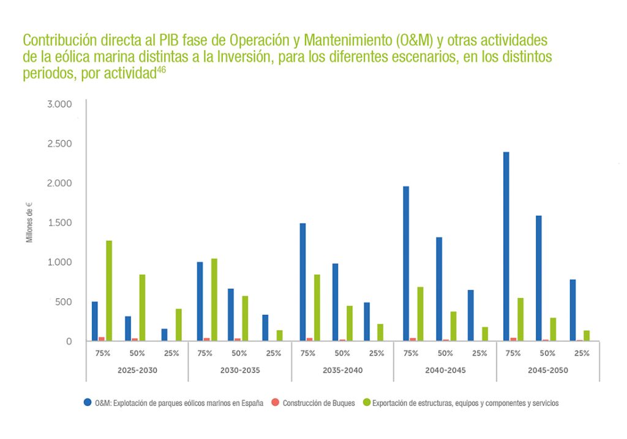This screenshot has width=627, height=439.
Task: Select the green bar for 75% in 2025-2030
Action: [109, 290]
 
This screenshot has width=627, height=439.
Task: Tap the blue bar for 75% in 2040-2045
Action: [406, 263]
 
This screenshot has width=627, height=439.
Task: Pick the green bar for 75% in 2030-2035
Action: [214, 299]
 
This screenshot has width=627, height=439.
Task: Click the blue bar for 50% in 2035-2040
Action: [335, 302]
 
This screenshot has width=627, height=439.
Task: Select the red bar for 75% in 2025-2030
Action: [102, 339]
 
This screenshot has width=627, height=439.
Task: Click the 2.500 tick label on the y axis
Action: [59, 144]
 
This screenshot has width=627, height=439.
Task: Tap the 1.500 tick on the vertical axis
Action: [59, 223]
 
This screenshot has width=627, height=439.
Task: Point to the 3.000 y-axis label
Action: [59, 104]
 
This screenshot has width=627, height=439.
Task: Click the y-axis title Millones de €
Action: [29, 222]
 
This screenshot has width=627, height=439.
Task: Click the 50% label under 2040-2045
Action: [445, 353]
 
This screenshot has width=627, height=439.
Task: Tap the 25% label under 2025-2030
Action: [170, 353]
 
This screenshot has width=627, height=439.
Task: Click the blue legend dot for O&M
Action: [88, 403]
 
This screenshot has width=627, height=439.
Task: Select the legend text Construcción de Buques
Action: [319, 403]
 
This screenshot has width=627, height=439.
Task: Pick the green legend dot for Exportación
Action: [367, 403]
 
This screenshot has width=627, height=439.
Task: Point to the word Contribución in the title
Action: [57, 41]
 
